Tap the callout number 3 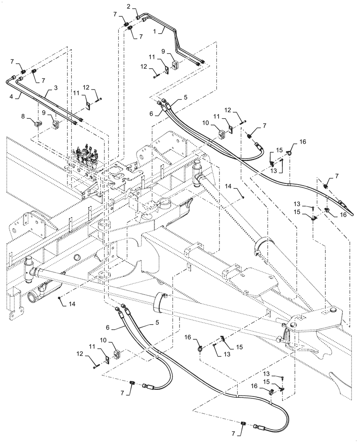point(56,89)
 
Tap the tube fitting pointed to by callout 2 point(138,17)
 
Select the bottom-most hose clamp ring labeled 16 point(270,391)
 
